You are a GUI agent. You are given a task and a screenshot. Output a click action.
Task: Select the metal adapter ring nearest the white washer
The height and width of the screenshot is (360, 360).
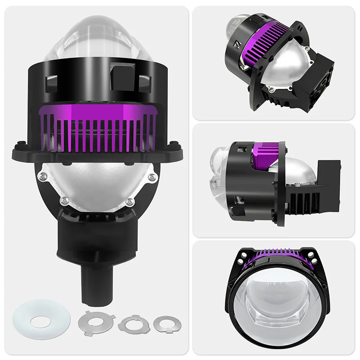coord(95,320)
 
